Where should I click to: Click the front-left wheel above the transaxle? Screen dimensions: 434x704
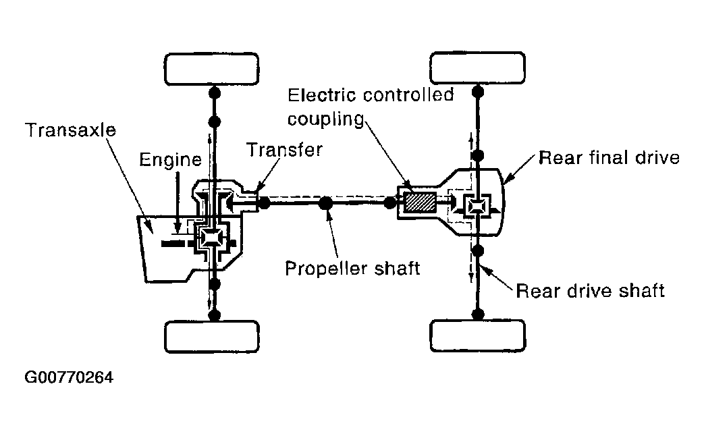tap(212, 67)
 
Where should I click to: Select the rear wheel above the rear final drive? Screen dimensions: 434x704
tap(477, 67)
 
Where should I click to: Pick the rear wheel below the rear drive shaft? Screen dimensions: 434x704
tap(477, 335)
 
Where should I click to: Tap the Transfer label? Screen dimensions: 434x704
tap(284, 149)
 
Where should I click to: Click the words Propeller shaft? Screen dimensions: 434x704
tap(352, 268)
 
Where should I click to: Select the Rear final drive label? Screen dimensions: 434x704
tap(608, 158)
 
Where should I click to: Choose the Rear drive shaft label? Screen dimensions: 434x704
tap(590, 290)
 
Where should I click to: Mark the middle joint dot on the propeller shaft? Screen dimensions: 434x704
tap(325, 202)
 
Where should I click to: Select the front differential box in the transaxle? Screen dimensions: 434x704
tap(212, 237)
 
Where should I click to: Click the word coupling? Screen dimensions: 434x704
tap(326, 119)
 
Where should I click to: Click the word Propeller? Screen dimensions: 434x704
tap(323, 268)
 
